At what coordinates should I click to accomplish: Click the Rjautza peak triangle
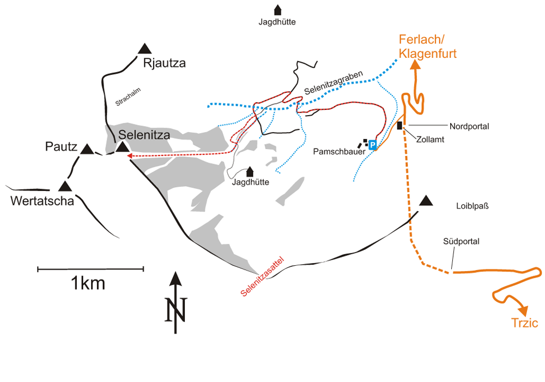(144, 49)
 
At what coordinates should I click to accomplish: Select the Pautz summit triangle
(86, 148)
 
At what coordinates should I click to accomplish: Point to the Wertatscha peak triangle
(65, 186)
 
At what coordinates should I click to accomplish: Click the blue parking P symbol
(373, 145)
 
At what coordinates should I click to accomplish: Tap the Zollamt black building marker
(400, 126)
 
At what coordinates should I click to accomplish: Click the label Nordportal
(469, 126)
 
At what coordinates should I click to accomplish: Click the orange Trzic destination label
(524, 324)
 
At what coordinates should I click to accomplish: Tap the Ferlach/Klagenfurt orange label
(427, 46)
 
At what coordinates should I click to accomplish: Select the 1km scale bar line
(90, 268)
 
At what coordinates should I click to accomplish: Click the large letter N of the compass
(176, 309)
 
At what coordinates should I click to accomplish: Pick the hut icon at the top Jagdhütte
(277, 10)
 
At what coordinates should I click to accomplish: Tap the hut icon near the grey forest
(250, 171)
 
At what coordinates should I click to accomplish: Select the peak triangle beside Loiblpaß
(426, 200)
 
